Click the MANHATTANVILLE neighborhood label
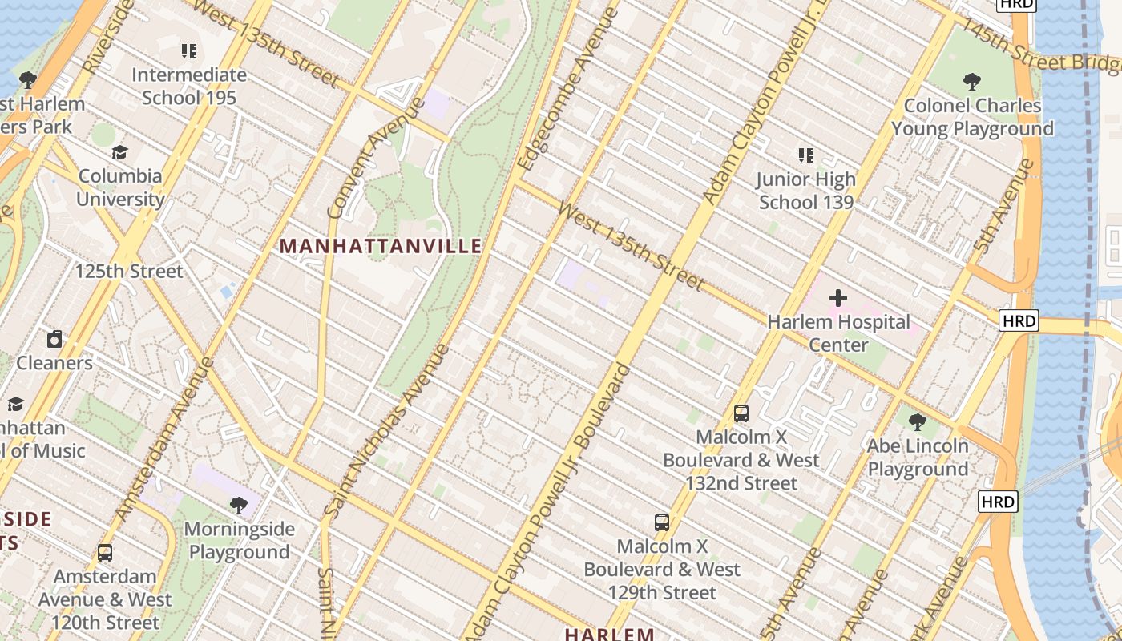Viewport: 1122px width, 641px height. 381,246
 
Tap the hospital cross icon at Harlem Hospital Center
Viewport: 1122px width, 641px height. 838,298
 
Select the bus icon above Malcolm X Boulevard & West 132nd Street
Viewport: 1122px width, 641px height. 741,413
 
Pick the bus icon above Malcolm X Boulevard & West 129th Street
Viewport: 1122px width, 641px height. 662,522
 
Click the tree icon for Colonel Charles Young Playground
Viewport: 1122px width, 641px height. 972,81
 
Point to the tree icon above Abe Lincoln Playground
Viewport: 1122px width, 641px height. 918,421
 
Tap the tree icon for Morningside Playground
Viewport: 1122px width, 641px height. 239,505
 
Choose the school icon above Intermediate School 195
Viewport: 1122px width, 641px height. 189,51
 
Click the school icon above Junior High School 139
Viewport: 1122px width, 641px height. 806,155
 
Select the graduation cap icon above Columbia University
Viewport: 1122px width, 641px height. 120,152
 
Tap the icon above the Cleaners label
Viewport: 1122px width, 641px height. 54,339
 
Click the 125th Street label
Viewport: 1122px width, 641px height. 129,271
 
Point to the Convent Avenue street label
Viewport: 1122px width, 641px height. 377,158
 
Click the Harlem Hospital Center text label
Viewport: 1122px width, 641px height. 838,333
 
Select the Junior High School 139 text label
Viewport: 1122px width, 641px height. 806,191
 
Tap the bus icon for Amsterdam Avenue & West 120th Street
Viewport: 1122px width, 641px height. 105,552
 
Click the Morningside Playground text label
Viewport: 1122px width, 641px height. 239,541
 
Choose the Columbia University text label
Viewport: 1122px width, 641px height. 120,187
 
